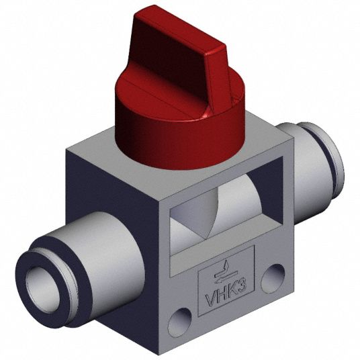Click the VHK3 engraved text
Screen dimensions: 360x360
coord(226,294)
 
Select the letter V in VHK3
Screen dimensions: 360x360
coord(211,300)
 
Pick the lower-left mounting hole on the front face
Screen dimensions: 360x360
coord(179,320)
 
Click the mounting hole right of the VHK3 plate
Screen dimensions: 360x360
coord(273,279)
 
